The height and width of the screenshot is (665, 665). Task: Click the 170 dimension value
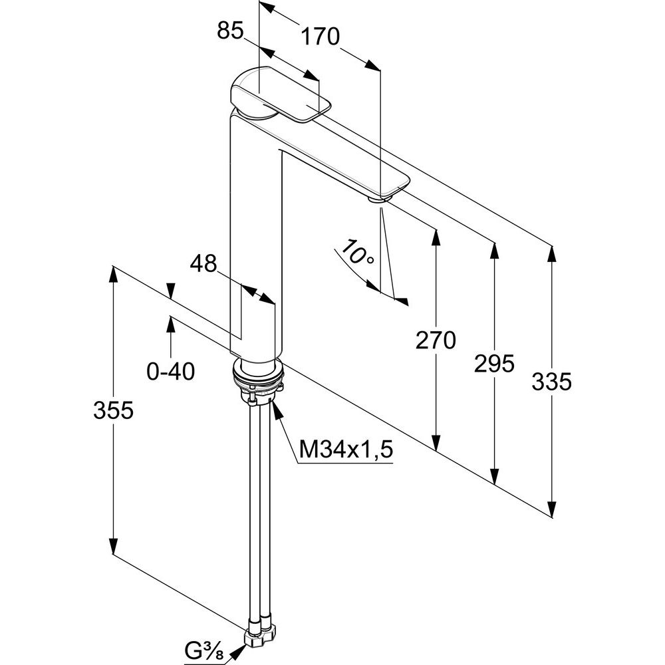point(321,36)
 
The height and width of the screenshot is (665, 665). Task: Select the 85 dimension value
point(231,31)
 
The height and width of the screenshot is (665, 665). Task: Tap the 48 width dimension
point(203,264)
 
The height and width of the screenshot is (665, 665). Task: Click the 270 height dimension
point(436,340)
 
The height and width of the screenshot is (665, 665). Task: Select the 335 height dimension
point(552,382)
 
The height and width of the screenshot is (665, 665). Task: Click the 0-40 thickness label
point(171,371)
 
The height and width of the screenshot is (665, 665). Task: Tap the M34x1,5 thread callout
point(346,450)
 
